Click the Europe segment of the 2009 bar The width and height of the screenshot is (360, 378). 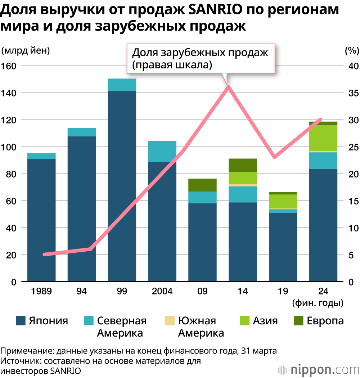pos(202,185)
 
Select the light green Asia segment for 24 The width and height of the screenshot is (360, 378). pos(323,138)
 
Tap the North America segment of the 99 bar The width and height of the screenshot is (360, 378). pos(122,85)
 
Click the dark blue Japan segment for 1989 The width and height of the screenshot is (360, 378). pos(41,220)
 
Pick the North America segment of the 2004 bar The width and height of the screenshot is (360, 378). pos(162,152)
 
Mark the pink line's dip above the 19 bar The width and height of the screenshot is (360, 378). pos(275,157)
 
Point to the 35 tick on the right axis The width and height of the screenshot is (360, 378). pos(351,93)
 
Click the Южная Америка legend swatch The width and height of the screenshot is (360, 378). pos(169,320)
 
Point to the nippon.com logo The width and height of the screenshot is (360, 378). pos(319,370)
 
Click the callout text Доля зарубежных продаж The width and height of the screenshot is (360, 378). pos(200,53)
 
